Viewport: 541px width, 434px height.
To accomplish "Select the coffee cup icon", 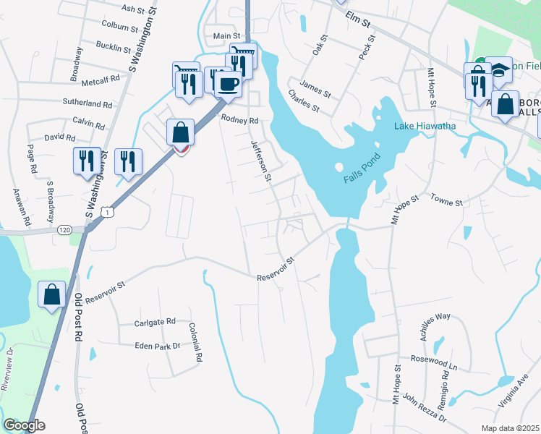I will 229,85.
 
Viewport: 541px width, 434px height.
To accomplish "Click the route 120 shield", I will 62,229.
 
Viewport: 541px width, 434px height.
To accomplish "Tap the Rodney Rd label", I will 239,119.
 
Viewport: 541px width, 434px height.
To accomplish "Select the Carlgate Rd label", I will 155,322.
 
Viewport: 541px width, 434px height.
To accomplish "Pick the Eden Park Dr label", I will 157,346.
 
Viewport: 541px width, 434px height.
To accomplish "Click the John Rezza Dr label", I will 425,408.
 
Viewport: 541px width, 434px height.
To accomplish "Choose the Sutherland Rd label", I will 87,103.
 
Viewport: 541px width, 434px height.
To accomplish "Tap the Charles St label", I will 304,101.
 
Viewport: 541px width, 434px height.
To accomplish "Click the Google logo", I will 24,425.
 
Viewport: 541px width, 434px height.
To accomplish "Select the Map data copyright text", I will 511,428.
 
